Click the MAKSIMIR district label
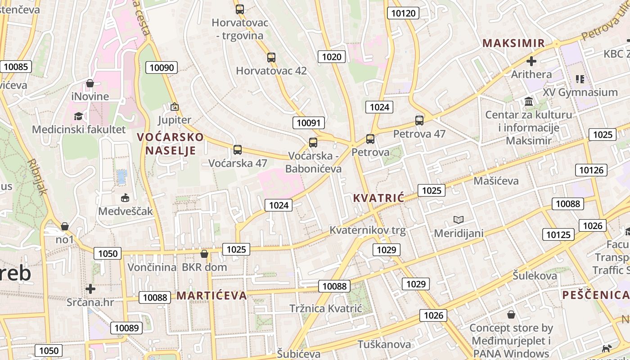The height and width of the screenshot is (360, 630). (x=513, y=43)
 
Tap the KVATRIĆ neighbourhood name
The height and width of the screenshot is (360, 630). (x=378, y=198)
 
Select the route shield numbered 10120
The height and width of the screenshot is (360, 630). (x=403, y=13)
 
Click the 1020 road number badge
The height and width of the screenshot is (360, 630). (x=332, y=57)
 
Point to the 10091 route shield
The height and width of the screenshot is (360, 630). (x=309, y=123)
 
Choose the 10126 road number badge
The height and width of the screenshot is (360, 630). (x=591, y=170)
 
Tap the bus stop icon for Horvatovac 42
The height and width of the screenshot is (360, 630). (x=271, y=58)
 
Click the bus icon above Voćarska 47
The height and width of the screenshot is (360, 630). (x=237, y=150)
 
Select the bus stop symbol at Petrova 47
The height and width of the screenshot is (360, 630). (x=419, y=121)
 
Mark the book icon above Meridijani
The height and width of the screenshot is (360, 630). (x=458, y=220)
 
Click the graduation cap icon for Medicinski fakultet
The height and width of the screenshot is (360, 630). (x=78, y=117)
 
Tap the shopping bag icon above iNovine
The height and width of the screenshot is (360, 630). (x=90, y=83)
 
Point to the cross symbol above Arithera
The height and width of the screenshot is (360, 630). (x=531, y=61)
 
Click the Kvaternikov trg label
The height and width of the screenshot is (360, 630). (x=367, y=231)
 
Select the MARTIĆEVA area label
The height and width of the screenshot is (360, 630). (x=211, y=296)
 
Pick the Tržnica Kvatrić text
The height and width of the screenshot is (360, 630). (x=325, y=309)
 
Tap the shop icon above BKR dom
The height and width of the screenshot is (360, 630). (x=204, y=254)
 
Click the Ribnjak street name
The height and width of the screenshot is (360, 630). (x=37, y=176)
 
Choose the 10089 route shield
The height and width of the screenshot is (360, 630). (x=126, y=328)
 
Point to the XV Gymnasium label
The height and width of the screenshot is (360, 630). (x=580, y=92)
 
